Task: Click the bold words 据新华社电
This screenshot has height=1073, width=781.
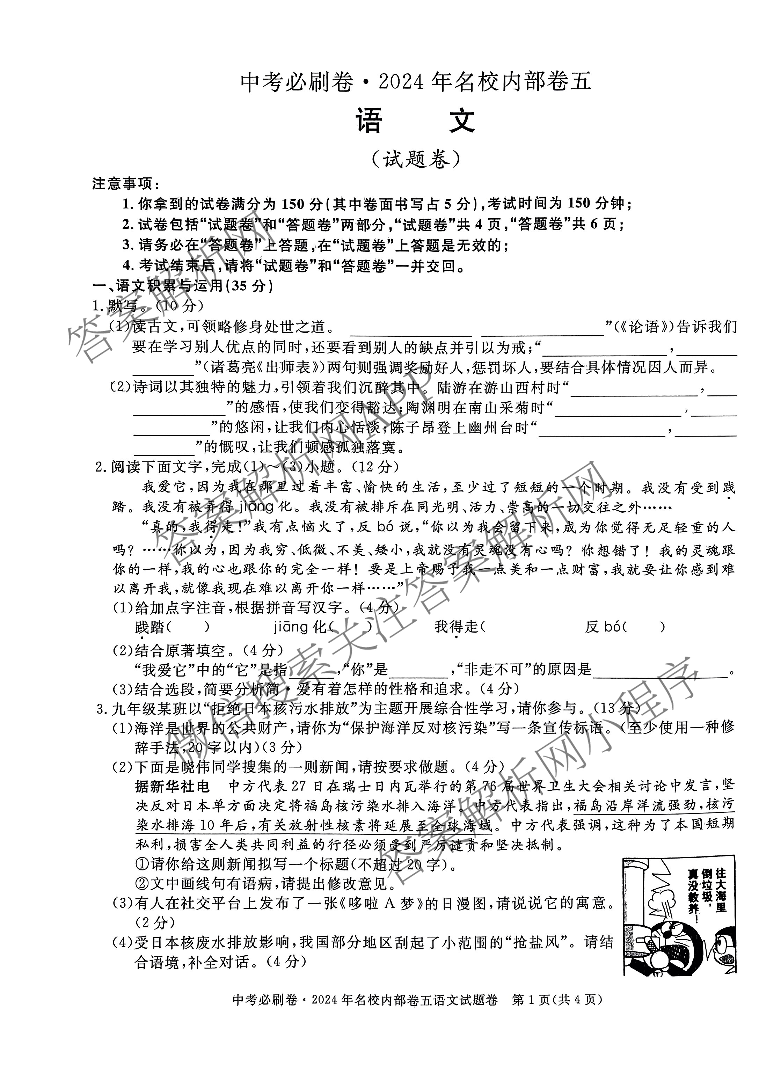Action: pyautogui.click(x=172, y=786)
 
